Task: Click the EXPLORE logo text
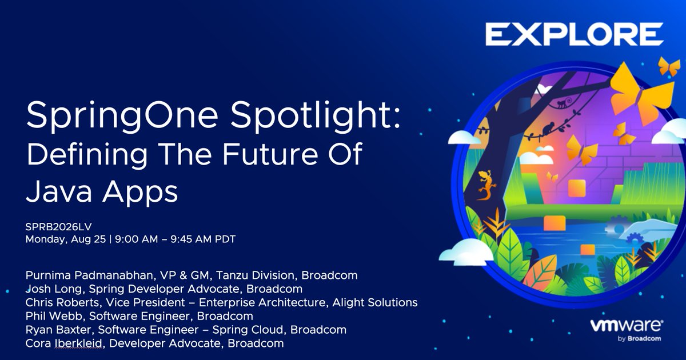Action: pos(574,34)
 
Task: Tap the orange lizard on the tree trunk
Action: pos(486,184)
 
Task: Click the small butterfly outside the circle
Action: pos(669,66)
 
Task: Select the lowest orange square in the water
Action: pos(587,249)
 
